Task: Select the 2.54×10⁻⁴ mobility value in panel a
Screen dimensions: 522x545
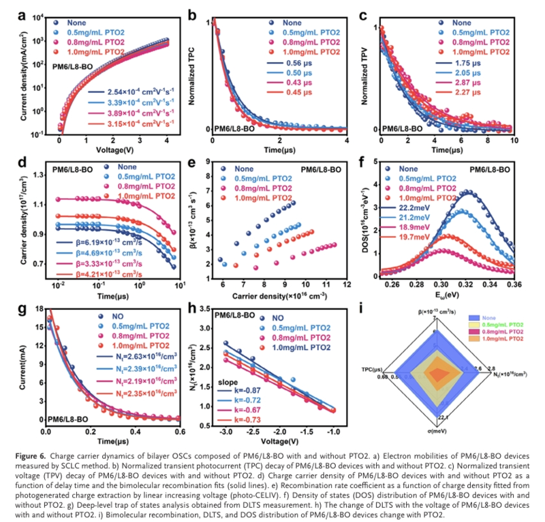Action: [124, 91]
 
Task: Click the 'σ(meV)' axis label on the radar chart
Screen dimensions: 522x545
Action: [433, 431]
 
